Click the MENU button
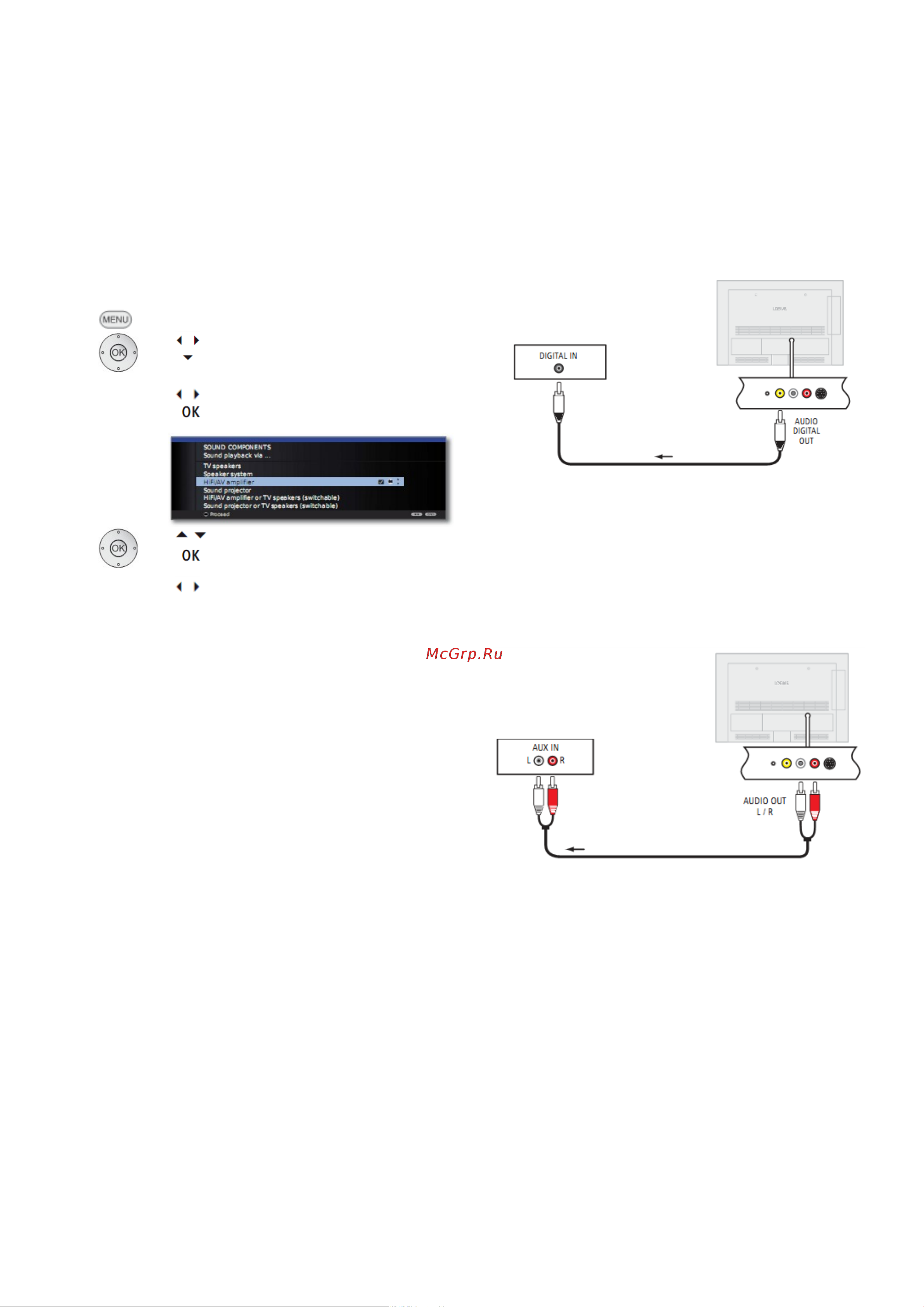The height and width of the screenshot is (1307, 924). (x=116, y=319)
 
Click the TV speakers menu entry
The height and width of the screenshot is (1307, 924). (x=222, y=466)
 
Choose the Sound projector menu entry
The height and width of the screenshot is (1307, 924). (x=227, y=490)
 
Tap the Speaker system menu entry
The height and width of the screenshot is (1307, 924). (x=228, y=474)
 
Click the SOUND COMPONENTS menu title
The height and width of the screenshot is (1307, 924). (x=237, y=447)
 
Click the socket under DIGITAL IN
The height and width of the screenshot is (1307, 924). (x=559, y=368)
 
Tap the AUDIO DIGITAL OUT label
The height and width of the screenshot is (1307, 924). (x=806, y=431)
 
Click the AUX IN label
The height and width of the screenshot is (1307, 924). (x=545, y=748)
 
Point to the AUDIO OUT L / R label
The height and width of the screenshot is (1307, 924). (x=765, y=806)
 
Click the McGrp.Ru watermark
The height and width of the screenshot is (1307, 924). (x=464, y=654)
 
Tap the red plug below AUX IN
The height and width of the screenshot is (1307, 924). (x=552, y=800)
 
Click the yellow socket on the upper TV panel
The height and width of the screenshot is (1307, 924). (x=779, y=393)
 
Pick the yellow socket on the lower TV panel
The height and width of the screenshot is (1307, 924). (x=786, y=763)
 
